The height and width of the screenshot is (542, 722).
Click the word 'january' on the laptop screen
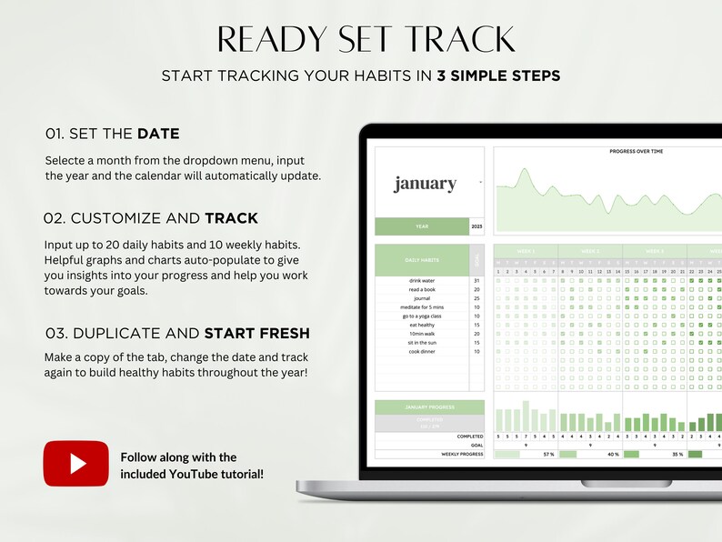tap(425, 184)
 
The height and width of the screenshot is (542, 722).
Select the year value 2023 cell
tap(477, 226)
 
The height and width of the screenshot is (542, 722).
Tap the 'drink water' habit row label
tap(422, 281)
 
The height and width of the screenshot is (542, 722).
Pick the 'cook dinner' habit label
tap(422, 351)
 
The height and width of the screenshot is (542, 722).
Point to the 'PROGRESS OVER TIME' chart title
tap(636, 152)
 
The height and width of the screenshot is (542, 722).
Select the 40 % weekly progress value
tap(613, 454)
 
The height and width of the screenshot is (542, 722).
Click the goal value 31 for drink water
tap(476, 281)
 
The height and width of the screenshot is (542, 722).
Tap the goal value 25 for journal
tap(476, 298)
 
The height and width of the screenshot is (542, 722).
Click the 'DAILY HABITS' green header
tap(422, 260)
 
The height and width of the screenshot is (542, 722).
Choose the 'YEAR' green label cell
tap(422, 226)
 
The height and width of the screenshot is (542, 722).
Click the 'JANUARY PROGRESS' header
tap(429, 407)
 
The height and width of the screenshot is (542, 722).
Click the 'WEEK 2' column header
tap(591, 251)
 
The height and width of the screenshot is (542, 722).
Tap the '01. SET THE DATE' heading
tap(113, 134)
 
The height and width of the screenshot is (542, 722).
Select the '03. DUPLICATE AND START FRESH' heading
tap(176, 333)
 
